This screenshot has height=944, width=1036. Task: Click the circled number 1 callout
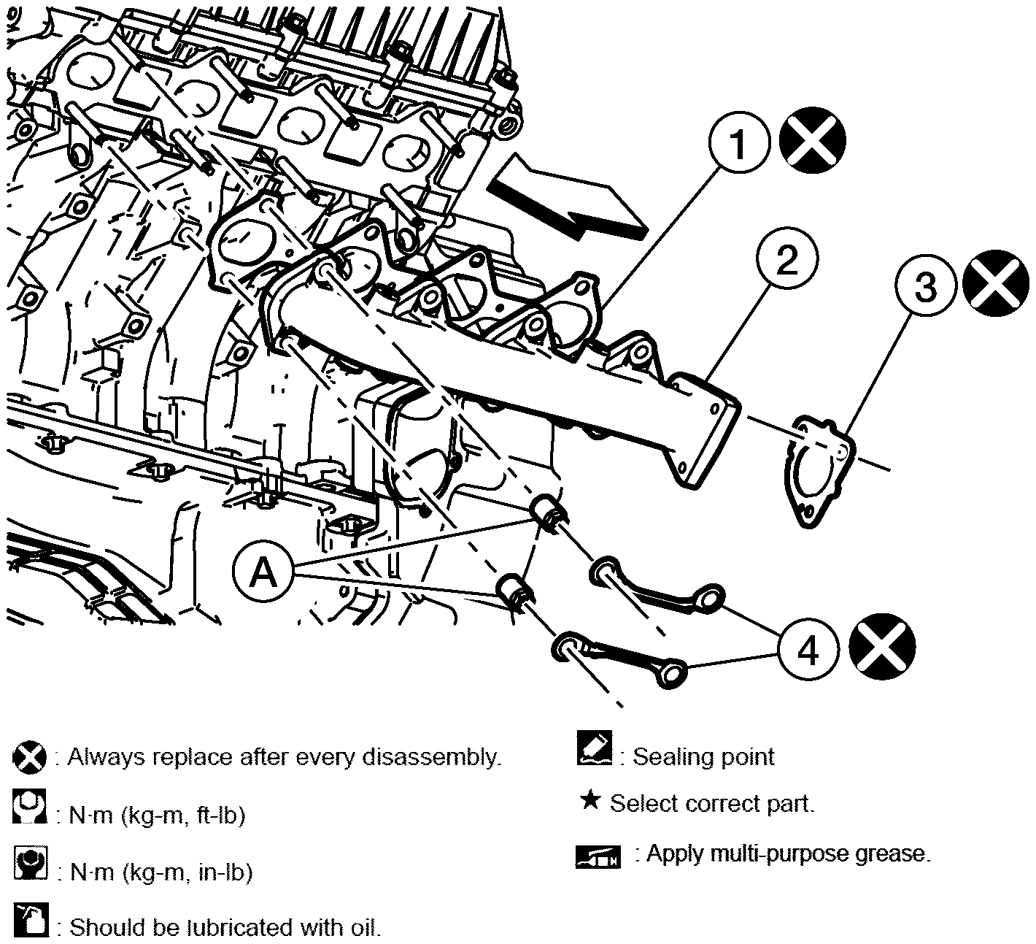(738, 142)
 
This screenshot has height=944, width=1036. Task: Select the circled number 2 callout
(787, 258)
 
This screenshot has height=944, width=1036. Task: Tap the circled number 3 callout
(926, 285)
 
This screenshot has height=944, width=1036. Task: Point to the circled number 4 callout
(808, 649)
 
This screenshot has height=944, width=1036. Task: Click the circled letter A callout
(263, 571)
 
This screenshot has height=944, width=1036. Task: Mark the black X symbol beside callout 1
(812, 141)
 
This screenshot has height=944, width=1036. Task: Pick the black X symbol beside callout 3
(996, 283)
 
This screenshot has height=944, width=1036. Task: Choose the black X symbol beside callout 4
(882, 645)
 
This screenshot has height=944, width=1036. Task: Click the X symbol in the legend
(29, 758)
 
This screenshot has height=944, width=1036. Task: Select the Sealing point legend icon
(595, 748)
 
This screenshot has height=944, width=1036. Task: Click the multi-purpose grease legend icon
(598, 856)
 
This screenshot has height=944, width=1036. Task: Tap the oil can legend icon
(31, 920)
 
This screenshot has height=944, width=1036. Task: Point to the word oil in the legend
(365, 927)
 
